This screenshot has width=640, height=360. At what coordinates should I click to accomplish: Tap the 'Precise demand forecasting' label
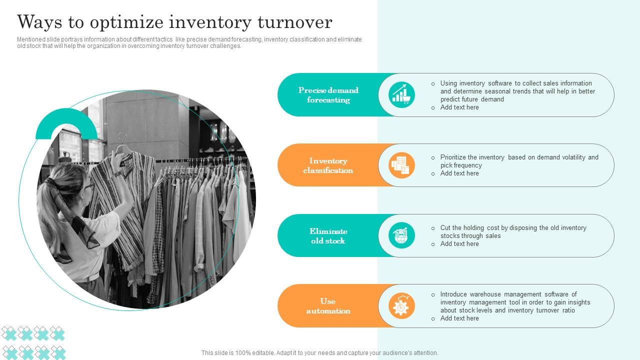pos(328,95)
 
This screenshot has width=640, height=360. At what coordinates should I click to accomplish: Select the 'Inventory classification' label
pos(328,165)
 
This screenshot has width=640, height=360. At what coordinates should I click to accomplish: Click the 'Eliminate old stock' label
pos(328,236)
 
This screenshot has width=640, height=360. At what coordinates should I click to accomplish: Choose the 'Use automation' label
pos(328,306)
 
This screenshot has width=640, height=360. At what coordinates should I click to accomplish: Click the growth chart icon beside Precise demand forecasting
pos(401,94)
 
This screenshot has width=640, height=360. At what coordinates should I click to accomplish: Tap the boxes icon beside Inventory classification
pos(401,165)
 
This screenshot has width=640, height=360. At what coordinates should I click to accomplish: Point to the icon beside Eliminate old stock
pos(401,235)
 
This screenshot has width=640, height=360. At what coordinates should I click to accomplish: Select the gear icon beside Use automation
pos(401,306)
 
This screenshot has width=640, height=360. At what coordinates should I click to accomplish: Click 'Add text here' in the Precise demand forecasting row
pos(459,107)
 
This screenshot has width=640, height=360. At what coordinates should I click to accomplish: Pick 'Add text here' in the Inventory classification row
pos(459,173)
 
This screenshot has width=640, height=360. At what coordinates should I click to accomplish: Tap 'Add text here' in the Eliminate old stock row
pos(459,244)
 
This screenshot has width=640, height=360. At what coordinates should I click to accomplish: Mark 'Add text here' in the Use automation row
pos(459,318)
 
